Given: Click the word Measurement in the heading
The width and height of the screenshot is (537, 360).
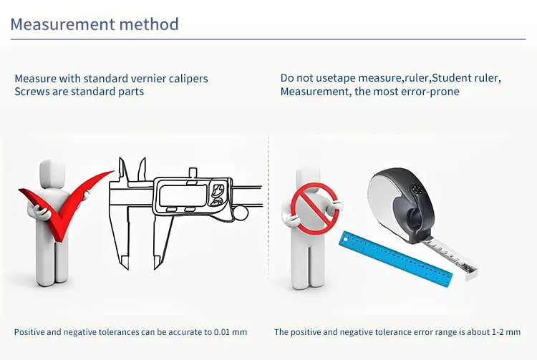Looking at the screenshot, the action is [x=63, y=24].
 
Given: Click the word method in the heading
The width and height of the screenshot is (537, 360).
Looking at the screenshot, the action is [x=149, y=24].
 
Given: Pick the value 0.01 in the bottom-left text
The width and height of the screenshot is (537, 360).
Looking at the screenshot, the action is [x=221, y=332].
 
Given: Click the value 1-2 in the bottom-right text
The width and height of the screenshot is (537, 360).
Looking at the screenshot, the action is [x=498, y=332].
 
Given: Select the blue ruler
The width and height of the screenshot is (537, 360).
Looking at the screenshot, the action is [x=395, y=258].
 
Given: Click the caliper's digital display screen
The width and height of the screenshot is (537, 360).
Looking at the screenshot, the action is [x=183, y=195].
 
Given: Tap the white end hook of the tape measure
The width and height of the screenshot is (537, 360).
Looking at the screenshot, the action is [x=471, y=273].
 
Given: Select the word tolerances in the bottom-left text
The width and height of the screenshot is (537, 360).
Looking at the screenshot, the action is [x=119, y=332].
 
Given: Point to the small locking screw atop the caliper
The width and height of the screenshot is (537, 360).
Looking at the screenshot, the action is [x=193, y=172].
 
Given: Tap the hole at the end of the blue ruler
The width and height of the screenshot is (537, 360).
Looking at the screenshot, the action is [x=345, y=240].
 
